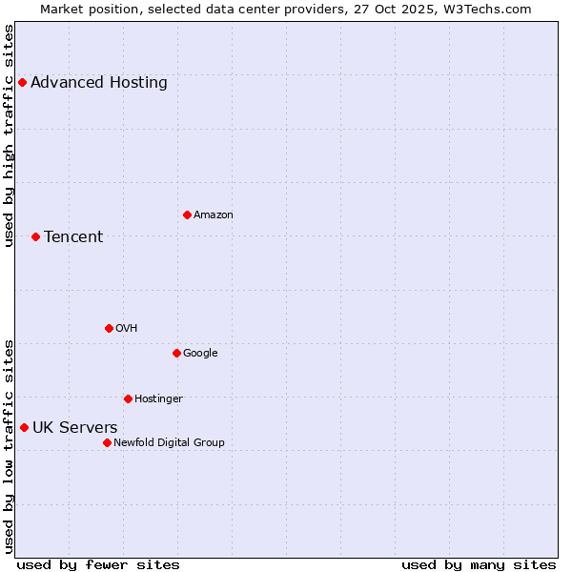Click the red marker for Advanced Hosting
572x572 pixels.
(22, 82)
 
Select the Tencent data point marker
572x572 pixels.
(35, 236)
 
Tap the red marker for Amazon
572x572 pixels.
(187, 214)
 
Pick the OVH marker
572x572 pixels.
(109, 328)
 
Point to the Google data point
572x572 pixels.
(176, 353)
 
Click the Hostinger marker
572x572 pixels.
(128, 398)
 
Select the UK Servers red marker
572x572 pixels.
(24, 427)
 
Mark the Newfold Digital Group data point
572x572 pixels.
(107, 442)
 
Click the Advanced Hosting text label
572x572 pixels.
(99, 83)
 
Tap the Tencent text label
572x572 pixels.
(73, 237)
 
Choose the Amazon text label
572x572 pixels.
(214, 215)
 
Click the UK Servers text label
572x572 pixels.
(75, 428)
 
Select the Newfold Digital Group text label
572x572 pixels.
(170, 442)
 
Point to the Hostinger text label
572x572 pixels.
(158, 398)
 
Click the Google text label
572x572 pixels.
(200, 354)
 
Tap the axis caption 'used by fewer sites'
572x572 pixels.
(98, 564)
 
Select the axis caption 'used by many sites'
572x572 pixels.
(479, 564)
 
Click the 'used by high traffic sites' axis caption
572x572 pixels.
(9, 135)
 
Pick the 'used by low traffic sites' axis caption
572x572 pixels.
(9, 445)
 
